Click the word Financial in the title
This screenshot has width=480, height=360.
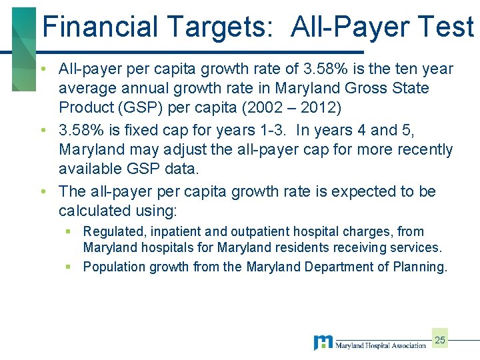pyautogui.click(x=101, y=27)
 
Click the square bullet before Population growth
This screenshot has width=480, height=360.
pyautogui.click(x=69, y=267)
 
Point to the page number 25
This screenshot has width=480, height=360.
pyautogui.click(x=439, y=340)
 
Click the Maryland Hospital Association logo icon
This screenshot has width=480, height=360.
pyautogui.click(x=323, y=343)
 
